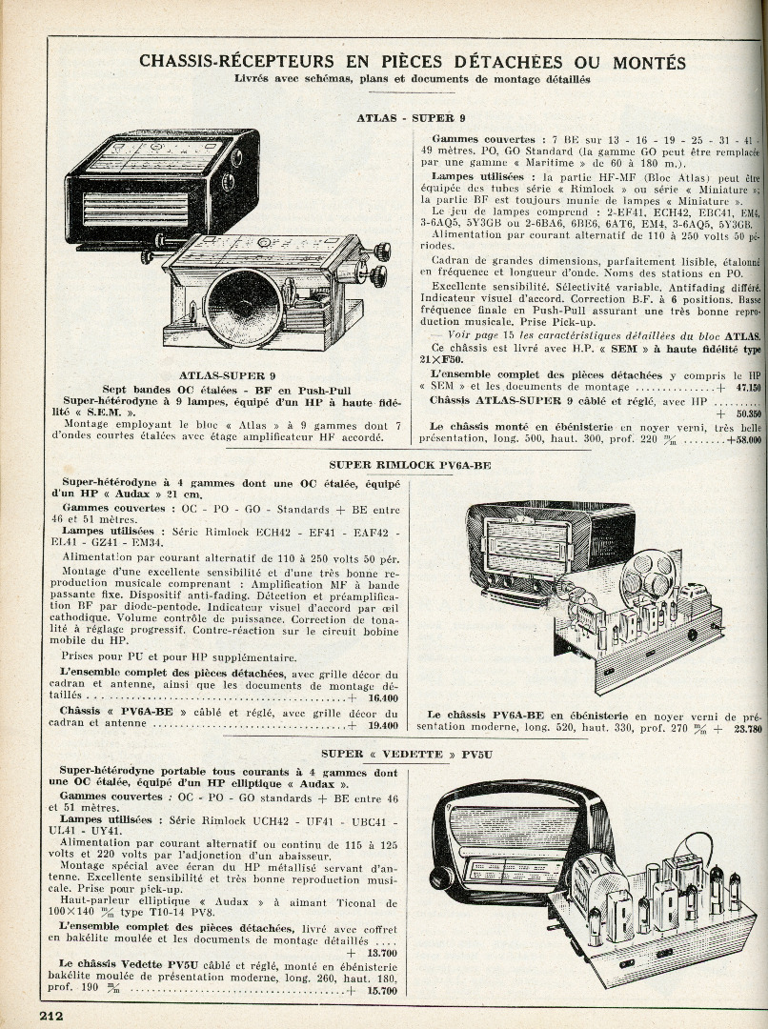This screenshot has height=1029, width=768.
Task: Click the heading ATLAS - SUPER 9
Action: tap(411, 117)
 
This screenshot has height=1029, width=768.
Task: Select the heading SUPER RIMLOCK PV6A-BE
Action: tap(410, 465)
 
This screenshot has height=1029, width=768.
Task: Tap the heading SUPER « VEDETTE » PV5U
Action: tap(412, 755)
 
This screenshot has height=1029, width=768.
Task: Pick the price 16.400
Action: tap(382, 698)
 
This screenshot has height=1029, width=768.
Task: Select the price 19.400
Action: tap(382, 725)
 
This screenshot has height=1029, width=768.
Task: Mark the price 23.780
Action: tap(747, 729)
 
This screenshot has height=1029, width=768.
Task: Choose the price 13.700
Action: tap(381, 953)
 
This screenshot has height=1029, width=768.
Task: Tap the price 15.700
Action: tap(381, 991)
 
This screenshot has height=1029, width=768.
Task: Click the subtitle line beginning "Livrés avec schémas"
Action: tap(412, 80)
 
